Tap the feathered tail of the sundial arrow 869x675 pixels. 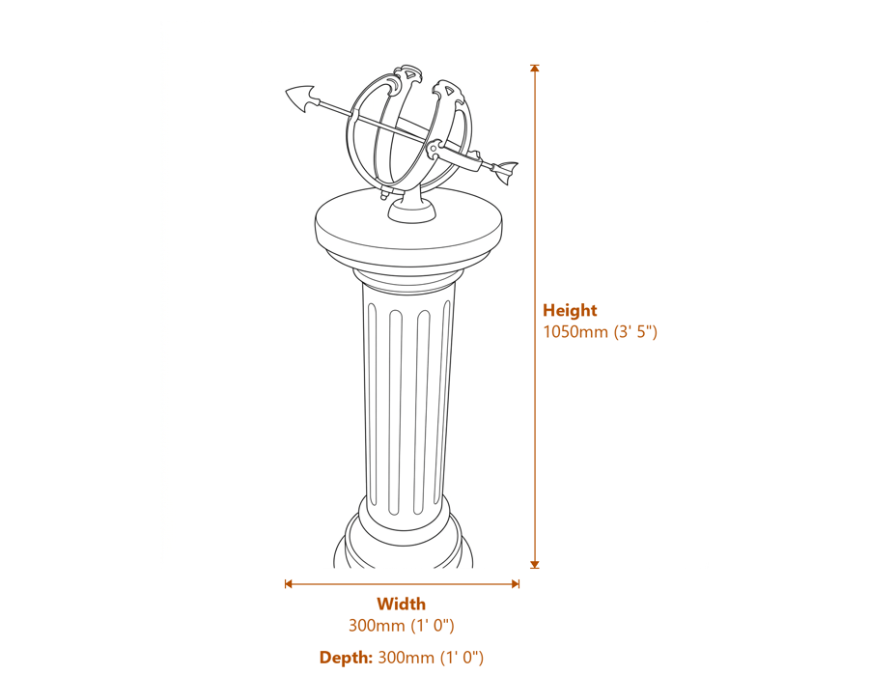click(x=507, y=171)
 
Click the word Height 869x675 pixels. click(x=570, y=310)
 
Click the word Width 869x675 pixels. click(x=402, y=604)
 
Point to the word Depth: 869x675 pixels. click(x=347, y=658)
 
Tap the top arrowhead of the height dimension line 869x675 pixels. click(x=534, y=69)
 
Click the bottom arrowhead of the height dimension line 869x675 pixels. click(x=534, y=565)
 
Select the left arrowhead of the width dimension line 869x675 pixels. click(x=288, y=583)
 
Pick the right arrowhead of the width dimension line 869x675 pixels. click(x=516, y=583)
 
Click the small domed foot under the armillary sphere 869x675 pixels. click(x=410, y=211)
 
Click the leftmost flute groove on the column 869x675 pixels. click(x=372, y=405)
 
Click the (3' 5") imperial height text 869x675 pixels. click(x=635, y=331)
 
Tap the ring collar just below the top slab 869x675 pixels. click(x=407, y=279)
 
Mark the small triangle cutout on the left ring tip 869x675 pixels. click(x=409, y=73)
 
